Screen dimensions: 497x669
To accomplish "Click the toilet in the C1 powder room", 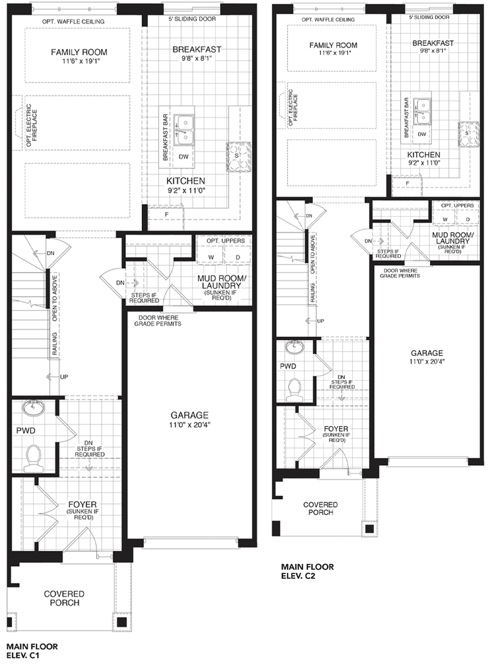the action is coord(33,459).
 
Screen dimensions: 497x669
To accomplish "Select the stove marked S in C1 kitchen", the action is coord(238,157).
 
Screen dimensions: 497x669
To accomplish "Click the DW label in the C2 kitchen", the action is coord(422,134).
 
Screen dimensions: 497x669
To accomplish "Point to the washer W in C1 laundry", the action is coord(211,257).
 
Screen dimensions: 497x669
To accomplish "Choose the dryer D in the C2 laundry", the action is coord(468,219).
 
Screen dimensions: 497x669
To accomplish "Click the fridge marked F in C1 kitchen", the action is coord(166,215).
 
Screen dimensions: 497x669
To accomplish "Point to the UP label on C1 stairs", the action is coord(64,377).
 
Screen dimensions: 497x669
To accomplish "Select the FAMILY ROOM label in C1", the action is coord(79,52).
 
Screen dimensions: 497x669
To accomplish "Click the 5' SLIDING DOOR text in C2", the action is coord(429,17).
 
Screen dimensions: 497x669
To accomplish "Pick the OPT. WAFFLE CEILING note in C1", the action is coord(73,22).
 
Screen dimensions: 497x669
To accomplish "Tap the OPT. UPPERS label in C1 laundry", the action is coord(226,241).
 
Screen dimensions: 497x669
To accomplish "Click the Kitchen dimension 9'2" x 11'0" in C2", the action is coord(424,163).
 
